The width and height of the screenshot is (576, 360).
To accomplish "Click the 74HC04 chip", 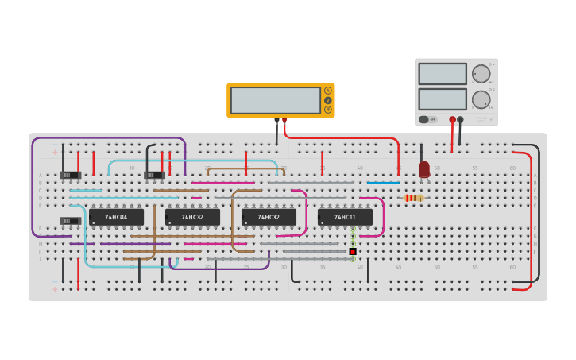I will [x=116, y=217].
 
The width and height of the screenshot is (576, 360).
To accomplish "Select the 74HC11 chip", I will [x=345, y=217].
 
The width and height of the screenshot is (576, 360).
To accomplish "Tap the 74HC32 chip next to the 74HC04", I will [x=192, y=217].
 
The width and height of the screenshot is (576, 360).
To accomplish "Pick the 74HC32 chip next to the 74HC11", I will [x=269, y=217].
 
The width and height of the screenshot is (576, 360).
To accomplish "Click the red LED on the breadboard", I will [x=424, y=169].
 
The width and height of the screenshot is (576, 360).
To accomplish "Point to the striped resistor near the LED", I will [x=413, y=198].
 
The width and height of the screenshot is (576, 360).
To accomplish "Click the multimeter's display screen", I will [x=275, y=100].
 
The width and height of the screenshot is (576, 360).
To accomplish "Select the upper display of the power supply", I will [x=443, y=74].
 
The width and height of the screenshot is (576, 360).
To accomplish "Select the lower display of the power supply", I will [x=443, y=99].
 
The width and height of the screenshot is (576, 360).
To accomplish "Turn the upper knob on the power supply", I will [x=481, y=74].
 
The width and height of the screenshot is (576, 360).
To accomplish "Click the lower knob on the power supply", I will [x=481, y=99].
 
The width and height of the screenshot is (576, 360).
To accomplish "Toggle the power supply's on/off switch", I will [x=425, y=119].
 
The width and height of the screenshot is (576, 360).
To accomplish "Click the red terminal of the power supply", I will [x=452, y=119].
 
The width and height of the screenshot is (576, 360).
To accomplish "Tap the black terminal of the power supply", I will [x=460, y=119].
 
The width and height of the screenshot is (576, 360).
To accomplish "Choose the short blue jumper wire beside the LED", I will [x=383, y=183].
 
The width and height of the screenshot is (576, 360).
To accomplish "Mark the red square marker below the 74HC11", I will [x=352, y=251].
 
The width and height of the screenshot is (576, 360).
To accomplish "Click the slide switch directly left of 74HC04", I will [x=71, y=221].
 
